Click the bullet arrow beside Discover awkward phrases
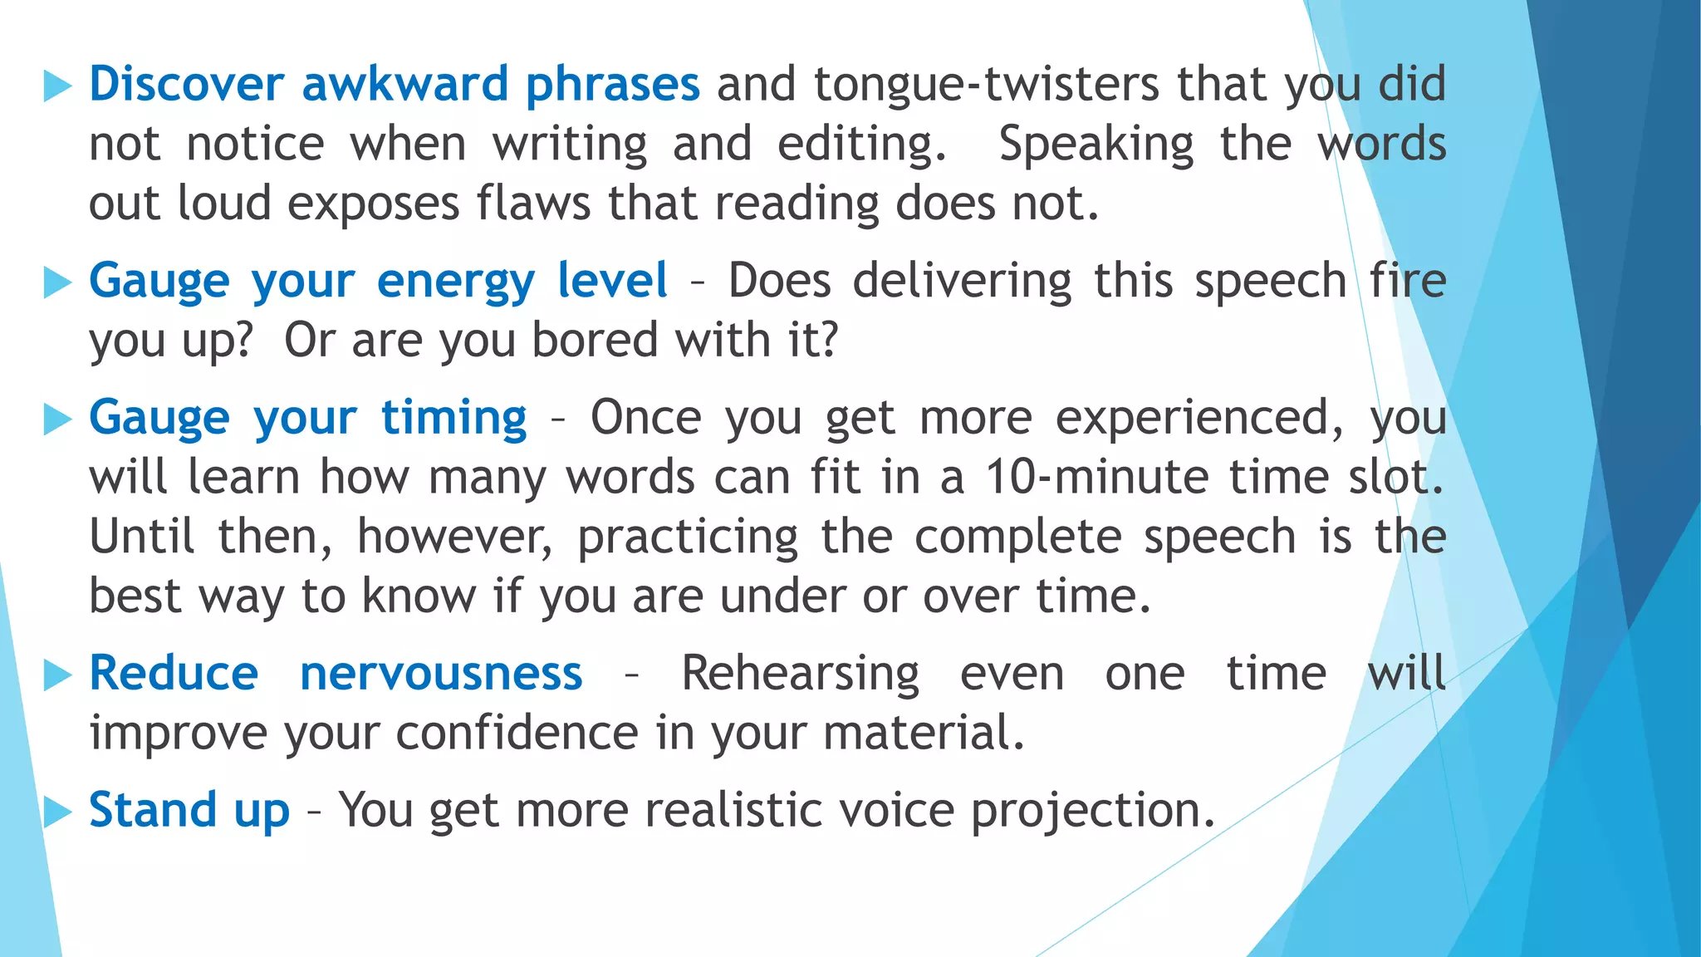(57, 86)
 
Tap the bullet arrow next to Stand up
(57, 811)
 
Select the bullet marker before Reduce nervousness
(57, 675)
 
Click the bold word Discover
(186, 84)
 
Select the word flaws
(533, 204)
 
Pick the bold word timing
(453, 419)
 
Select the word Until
(142, 537)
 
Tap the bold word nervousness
(441, 674)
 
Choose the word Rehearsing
(800, 675)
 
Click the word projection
(1092, 812)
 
